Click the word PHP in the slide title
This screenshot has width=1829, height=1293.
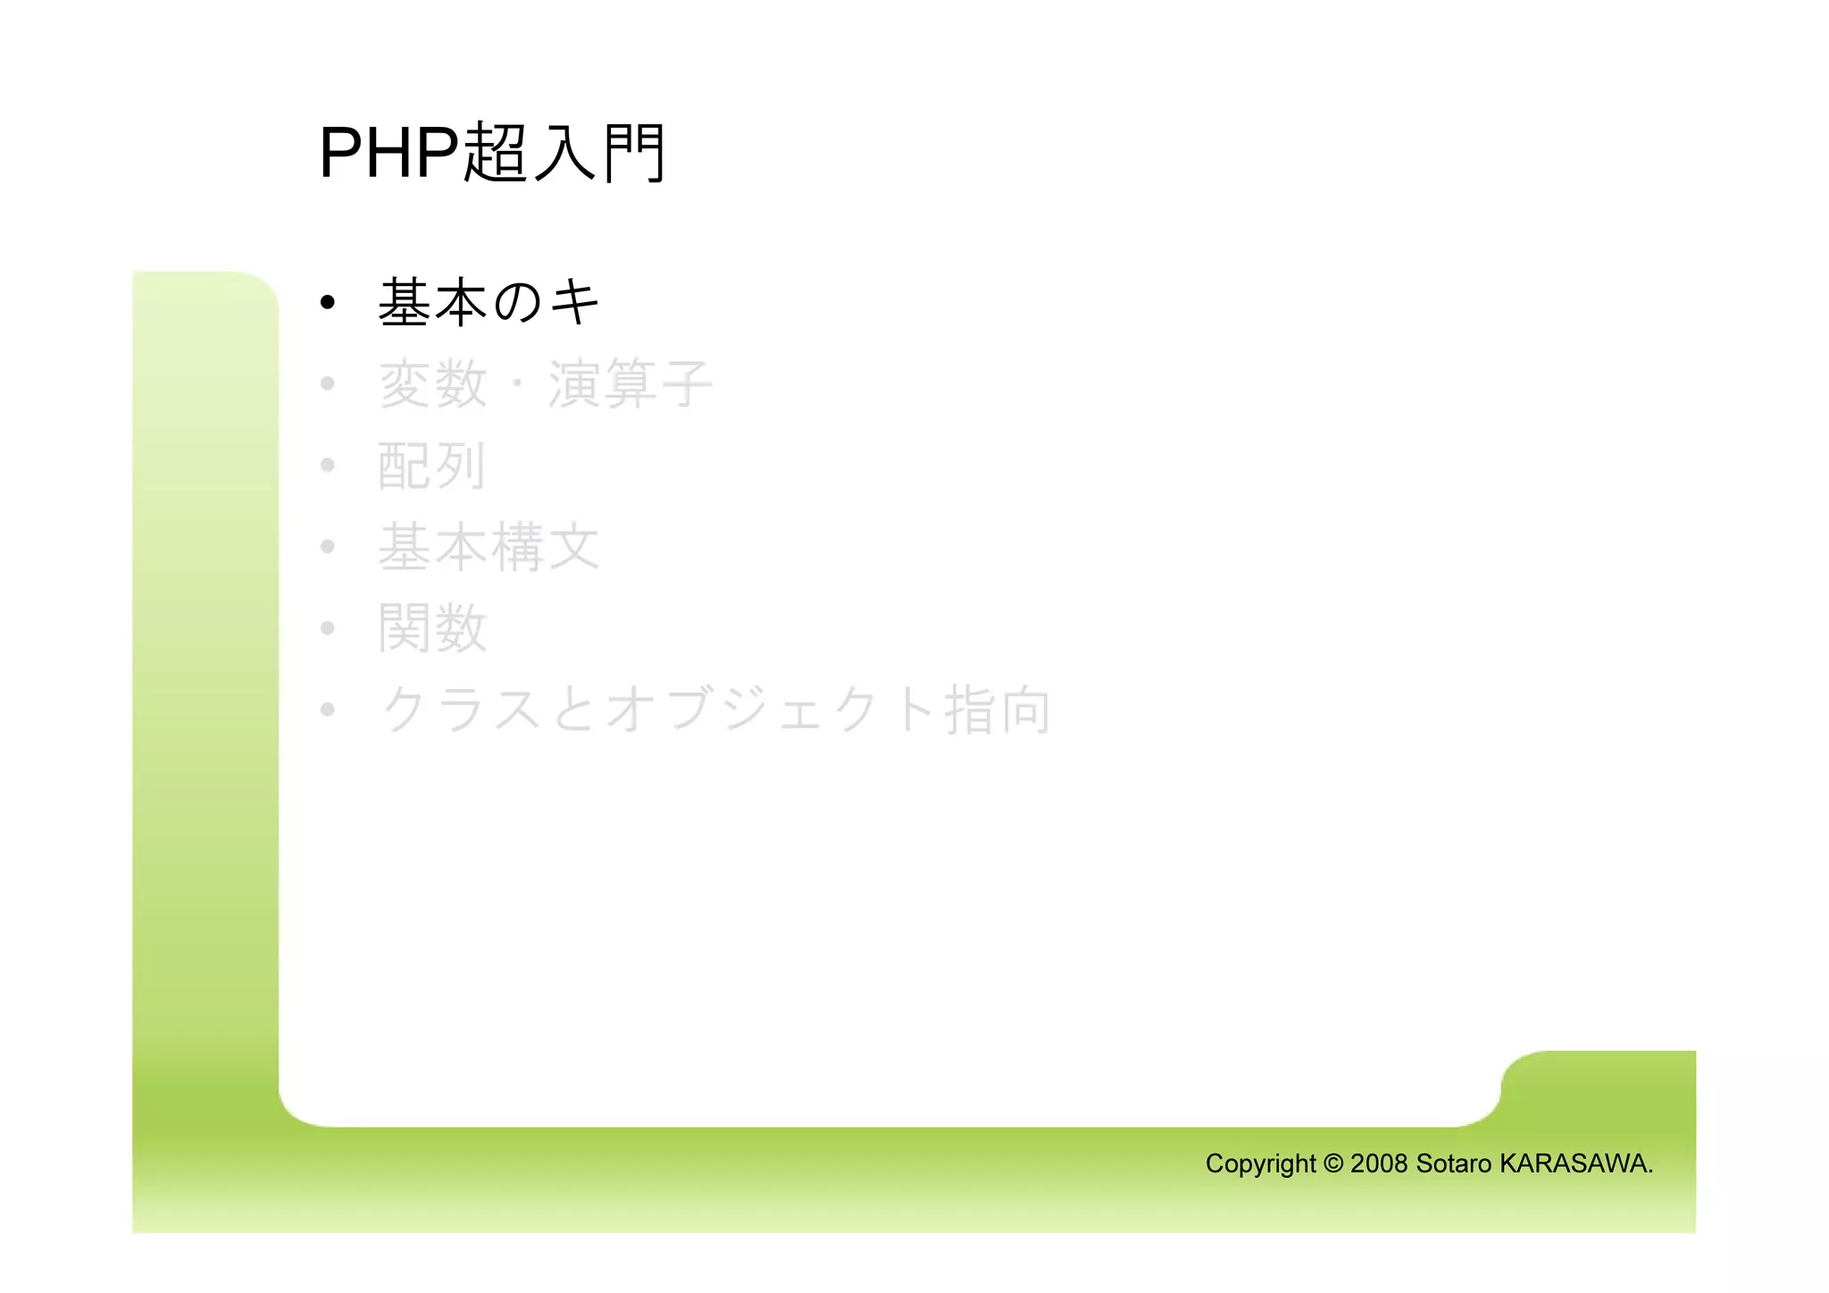click(388, 153)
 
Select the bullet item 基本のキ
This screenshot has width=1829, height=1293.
click(489, 302)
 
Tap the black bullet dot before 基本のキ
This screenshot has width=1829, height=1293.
click(328, 303)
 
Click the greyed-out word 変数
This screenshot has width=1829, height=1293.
click(433, 384)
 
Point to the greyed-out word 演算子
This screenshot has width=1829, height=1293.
click(630, 384)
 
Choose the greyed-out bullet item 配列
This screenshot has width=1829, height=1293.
click(432, 466)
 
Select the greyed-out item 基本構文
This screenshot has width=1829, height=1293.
click(489, 547)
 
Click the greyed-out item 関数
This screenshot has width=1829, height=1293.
click(433, 628)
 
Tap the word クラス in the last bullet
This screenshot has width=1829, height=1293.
click(462, 709)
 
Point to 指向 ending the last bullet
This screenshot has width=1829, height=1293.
click(998, 709)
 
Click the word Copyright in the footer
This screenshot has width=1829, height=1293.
click(1260, 1163)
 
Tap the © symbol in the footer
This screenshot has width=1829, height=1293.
click(1332, 1163)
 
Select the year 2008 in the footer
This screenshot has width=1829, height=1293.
click(1379, 1163)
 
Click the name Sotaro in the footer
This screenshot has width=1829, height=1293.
click(1453, 1163)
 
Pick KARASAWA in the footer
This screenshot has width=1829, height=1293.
click(1574, 1163)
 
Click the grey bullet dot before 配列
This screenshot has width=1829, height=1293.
click(328, 466)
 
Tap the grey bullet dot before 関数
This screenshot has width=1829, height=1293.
click(328, 628)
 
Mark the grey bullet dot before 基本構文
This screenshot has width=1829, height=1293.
click(328, 547)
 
